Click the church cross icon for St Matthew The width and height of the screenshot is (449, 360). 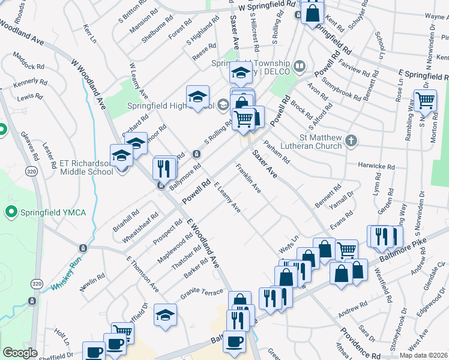point(352,142)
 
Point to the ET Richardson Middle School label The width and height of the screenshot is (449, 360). point(86,167)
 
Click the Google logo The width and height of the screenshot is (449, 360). point(20,353)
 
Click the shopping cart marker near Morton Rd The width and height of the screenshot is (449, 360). point(425,100)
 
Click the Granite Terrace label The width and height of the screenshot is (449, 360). point(202,292)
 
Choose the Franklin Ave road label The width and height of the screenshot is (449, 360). point(249,179)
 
